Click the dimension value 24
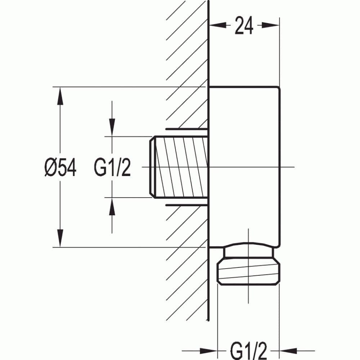244,26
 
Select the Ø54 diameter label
60,168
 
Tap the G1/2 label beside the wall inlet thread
112,168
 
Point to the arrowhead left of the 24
216,25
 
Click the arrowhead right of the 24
272,25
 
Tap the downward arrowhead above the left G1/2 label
112,128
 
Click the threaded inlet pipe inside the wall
180,167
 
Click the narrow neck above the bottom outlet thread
248,252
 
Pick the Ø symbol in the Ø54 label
50,168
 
